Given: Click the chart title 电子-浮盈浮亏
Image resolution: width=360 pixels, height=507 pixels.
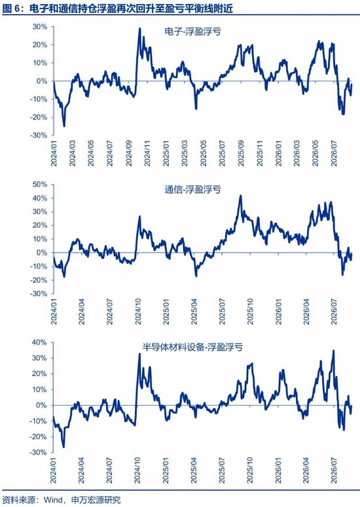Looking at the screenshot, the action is [192, 31].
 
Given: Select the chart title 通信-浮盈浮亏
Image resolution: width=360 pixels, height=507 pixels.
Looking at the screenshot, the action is [192, 189].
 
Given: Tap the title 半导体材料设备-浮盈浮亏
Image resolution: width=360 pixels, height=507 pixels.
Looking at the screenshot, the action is [192, 347].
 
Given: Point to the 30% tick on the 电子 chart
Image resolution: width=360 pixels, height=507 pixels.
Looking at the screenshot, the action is [40, 27].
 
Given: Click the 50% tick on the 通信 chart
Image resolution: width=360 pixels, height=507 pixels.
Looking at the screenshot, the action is [40, 184].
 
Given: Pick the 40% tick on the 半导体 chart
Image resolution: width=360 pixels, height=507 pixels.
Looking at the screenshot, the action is [40, 342].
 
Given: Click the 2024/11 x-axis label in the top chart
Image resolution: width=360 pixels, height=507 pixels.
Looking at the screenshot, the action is [147, 153].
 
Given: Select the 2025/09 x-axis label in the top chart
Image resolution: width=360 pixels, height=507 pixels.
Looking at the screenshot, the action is [241, 153].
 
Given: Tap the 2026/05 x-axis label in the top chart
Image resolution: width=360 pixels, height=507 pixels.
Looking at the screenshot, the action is [315, 153].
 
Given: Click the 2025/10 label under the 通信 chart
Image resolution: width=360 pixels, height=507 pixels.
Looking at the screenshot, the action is [250, 312].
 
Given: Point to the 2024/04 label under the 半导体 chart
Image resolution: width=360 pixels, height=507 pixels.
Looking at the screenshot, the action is [81, 470].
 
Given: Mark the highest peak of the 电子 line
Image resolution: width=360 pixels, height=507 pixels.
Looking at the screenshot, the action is [139, 28].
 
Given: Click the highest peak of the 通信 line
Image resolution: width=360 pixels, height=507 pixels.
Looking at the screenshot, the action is [240, 195].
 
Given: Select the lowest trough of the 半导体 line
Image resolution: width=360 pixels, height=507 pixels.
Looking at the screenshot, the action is [63, 447].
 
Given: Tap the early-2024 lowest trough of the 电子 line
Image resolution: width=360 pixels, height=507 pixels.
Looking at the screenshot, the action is [64, 126].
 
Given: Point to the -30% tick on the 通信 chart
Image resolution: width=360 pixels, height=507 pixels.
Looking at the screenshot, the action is [39, 293].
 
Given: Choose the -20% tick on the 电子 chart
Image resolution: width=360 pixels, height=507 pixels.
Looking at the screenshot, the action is [39, 117].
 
